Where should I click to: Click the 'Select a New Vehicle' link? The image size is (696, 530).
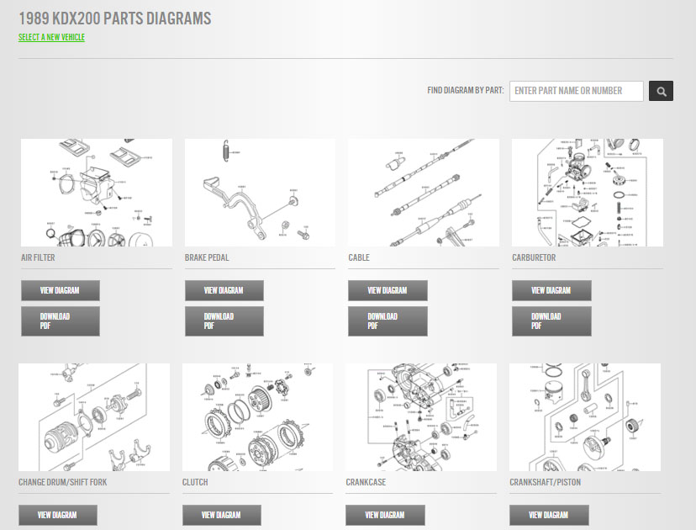tap(51, 37)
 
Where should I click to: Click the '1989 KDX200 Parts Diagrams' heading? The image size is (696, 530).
tap(115, 18)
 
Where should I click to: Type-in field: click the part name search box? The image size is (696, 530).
tap(576, 91)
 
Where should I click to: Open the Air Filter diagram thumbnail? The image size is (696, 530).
tap(97, 193)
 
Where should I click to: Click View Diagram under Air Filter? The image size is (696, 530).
tap(61, 290)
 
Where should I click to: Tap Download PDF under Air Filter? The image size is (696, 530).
tap(61, 321)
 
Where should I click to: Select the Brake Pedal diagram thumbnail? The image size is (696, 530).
tap(260, 193)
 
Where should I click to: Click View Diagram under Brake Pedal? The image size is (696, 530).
tap(224, 290)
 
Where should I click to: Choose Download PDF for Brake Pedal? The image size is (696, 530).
tap(224, 321)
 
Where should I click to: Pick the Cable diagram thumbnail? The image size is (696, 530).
tap(424, 193)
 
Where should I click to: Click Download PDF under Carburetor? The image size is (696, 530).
tap(551, 321)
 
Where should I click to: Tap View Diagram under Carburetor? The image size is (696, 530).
tap(551, 290)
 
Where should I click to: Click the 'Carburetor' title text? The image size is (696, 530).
tap(534, 257)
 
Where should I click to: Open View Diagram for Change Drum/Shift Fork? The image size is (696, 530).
tap(58, 515)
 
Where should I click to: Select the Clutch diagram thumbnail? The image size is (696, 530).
tap(258, 417)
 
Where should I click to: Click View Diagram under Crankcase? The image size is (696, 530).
tap(385, 515)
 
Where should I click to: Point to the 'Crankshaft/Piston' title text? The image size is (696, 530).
tap(545, 482)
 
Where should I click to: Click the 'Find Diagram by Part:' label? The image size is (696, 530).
tap(465, 91)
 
